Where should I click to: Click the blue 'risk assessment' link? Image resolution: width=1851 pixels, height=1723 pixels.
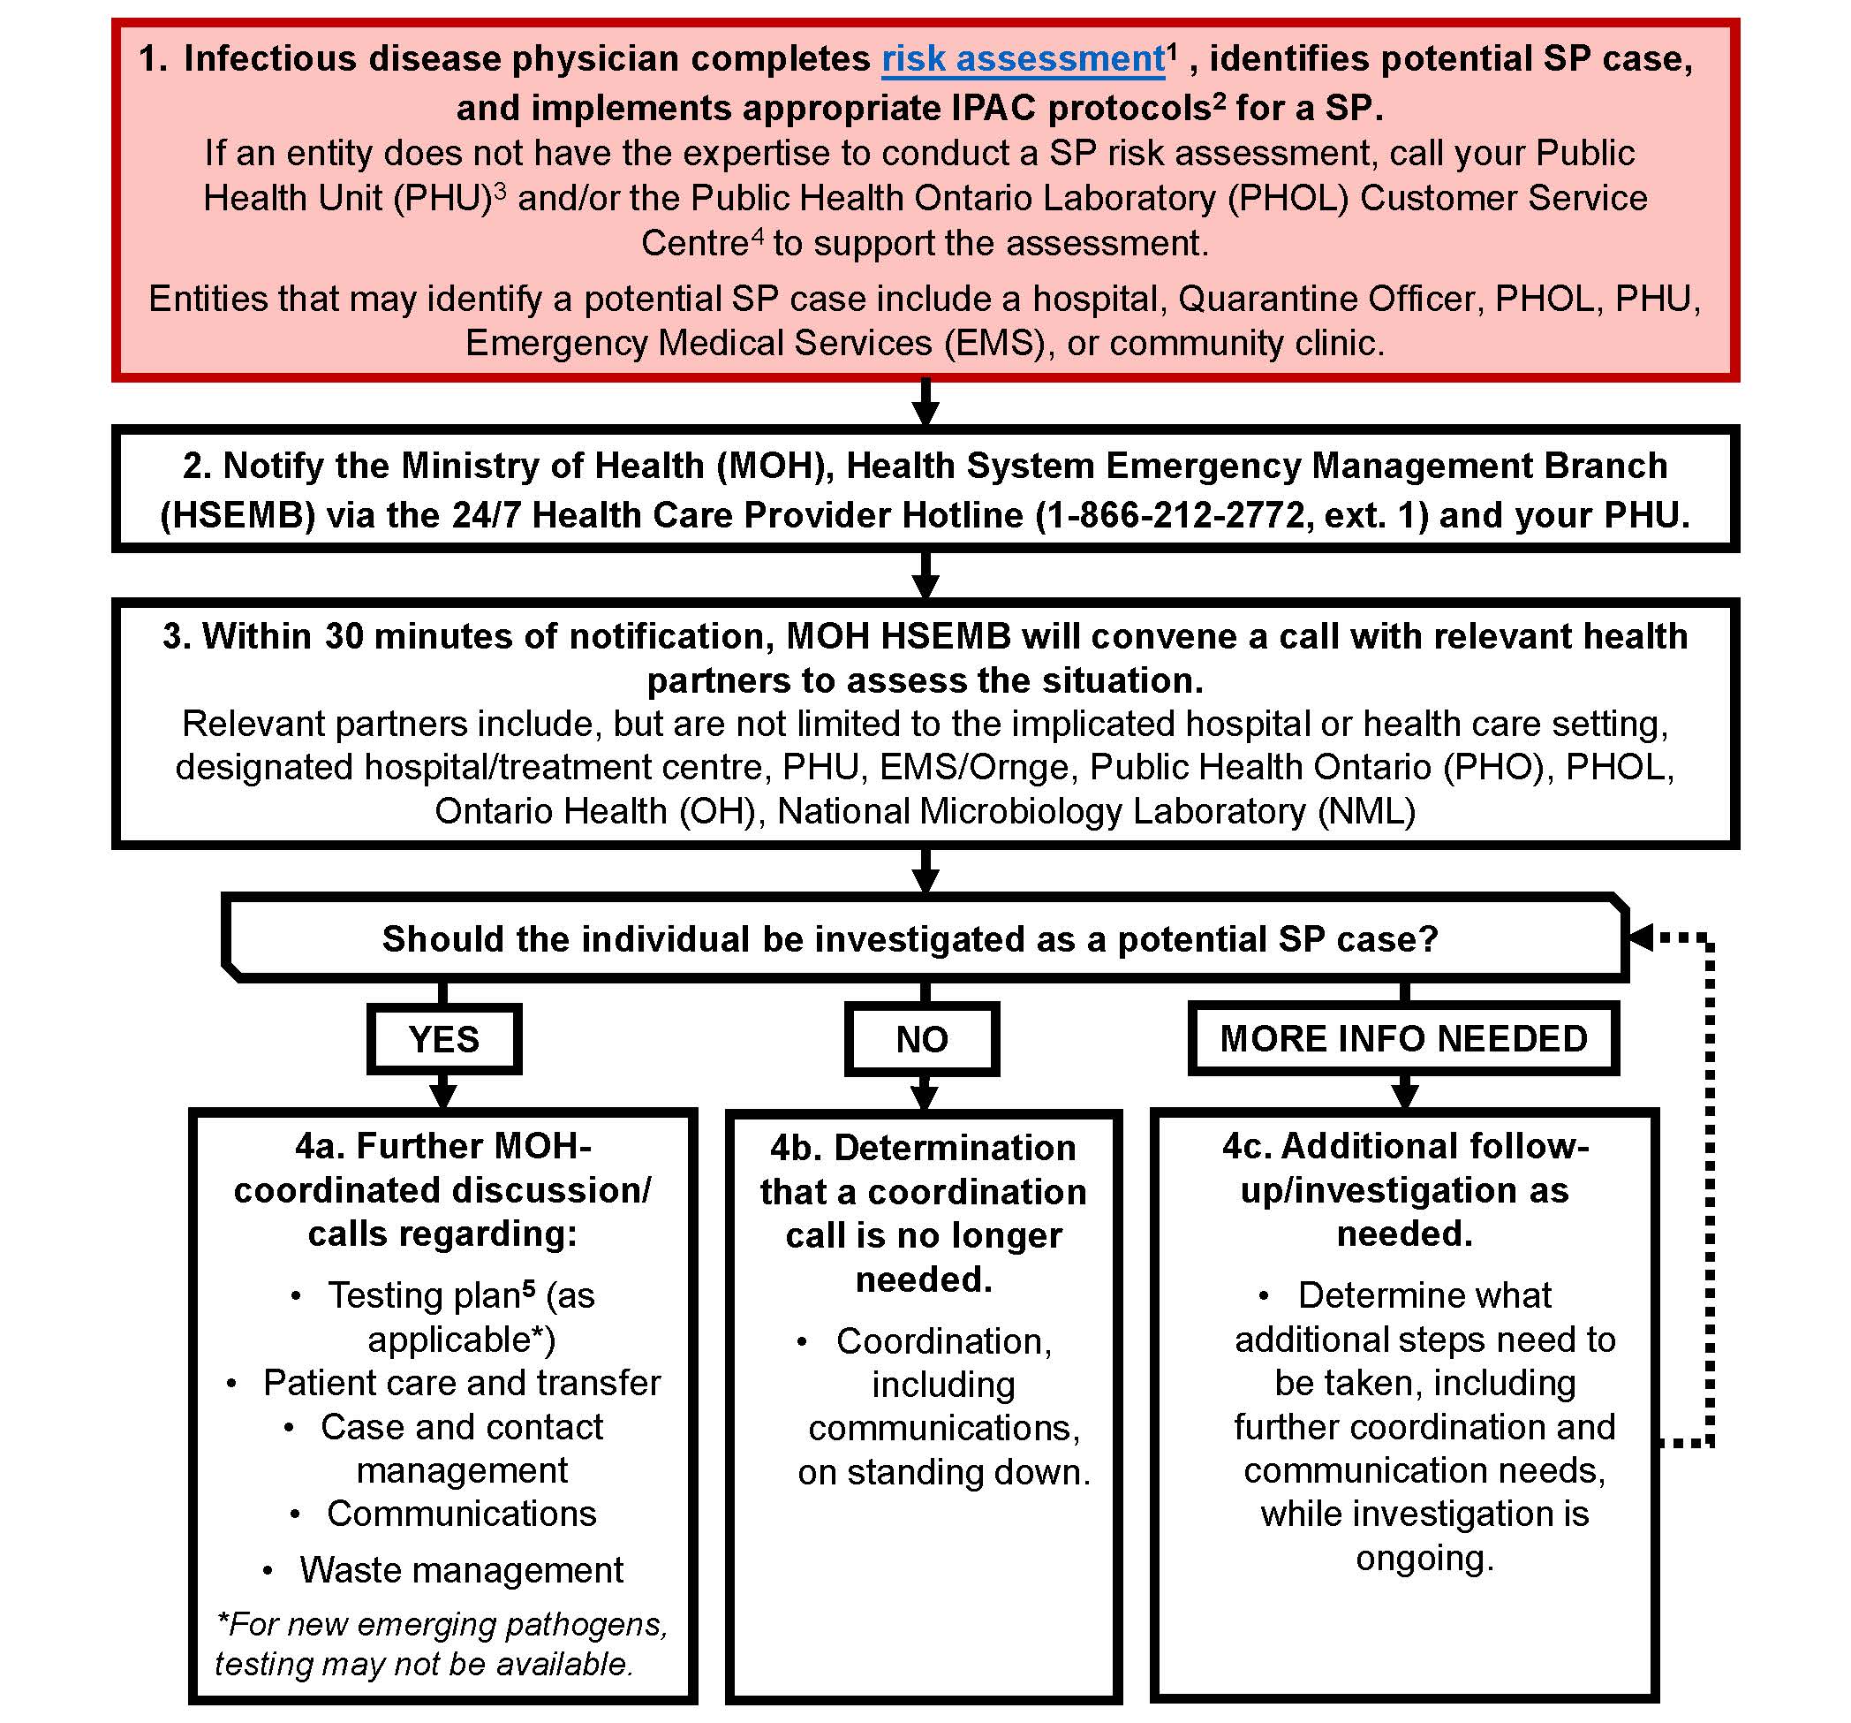pyautogui.click(x=1023, y=58)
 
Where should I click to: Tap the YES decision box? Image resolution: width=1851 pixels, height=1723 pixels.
pyautogui.click(x=444, y=1038)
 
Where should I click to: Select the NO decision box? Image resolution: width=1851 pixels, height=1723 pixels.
pyautogui.click(x=922, y=1038)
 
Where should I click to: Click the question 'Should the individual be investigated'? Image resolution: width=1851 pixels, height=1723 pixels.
pyautogui.click(x=910, y=938)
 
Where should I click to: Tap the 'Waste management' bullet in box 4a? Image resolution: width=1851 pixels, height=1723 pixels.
pyautogui.click(x=461, y=1569)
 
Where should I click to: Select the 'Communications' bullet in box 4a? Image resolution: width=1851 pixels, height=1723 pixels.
pyautogui.click(x=461, y=1513)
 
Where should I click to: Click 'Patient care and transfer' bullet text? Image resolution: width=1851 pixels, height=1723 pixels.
pyautogui.click(x=462, y=1382)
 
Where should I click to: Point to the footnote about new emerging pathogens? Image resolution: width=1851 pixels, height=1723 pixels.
pyautogui.click(x=441, y=1643)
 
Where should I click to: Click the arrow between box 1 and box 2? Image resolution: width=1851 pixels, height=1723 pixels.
pyautogui.click(x=925, y=403)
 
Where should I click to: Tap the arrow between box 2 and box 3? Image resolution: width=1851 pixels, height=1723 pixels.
pyautogui.click(x=925, y=575)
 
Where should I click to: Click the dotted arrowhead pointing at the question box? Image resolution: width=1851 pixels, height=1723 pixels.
pyautogui.click(x=1642, y=937)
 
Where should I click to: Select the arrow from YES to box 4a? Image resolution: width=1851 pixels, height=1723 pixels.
pyautogui.click(x=444, y=1091)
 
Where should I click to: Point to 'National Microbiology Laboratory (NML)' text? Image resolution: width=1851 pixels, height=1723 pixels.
pyautogui.click(x=1096, y=811)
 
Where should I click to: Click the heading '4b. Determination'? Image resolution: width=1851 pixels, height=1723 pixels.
pyautogui.click(x=923, y=1148)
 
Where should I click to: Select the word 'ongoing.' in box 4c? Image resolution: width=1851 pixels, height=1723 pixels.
pyautogui.click(x=1424, y=1557)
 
